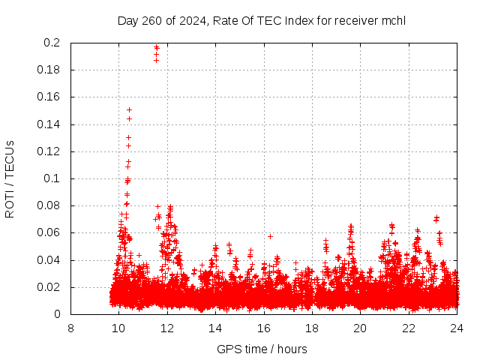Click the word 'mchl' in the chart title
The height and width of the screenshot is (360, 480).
(x=394, y=20)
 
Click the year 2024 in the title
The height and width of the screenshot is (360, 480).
(x=193, y=20)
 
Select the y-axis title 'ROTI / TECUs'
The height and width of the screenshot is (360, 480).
(x=10, y=178)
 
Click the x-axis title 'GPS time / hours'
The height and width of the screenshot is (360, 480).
(x=262, y=349)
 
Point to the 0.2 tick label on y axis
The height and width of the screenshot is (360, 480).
(x=52, y=43)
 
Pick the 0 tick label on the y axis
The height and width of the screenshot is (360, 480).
(x=58, y=314)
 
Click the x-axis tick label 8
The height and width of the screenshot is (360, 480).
(x=70, y=328)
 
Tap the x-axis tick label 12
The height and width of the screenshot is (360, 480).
(x=167, y=328)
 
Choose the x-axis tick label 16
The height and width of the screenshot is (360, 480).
(x=263, y=328)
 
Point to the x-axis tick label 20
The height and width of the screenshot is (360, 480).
(x=360, y=328)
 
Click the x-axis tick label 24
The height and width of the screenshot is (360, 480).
(x=456, y=328)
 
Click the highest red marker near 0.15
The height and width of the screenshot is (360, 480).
(x=129, y=110)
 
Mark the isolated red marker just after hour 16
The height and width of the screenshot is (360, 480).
(x=270, y=236)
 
